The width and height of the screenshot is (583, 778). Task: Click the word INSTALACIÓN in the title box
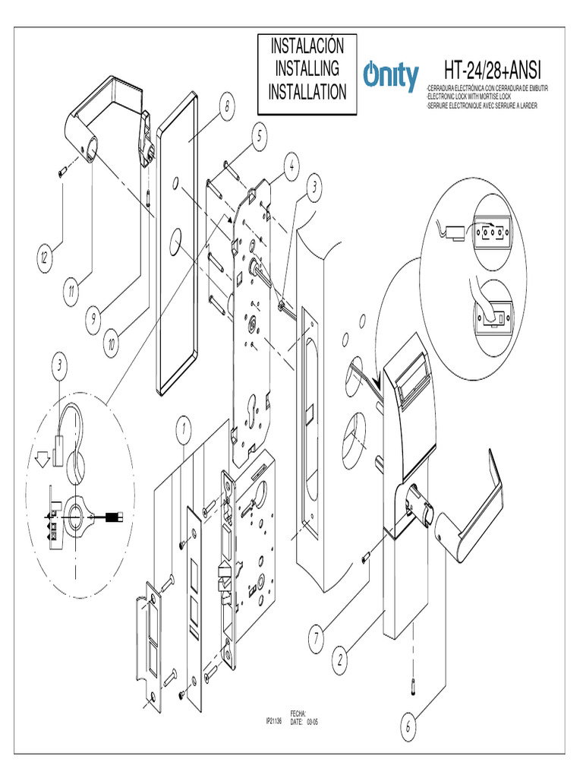click(307, 46)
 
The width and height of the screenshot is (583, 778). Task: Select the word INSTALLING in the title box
click(307, 68)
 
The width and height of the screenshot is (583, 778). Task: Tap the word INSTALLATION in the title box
click(307, 92)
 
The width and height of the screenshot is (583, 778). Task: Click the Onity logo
click(390, 77)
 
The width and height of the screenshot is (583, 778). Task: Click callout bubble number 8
click(225, 108)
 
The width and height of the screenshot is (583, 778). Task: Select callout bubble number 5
click(259, 137)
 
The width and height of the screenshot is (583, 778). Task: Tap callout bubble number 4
click(291, 163)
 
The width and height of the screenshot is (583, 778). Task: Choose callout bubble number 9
click(93, 319)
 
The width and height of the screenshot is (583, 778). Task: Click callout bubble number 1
click(183, 430)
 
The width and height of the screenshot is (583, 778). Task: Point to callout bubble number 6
click(408, 727)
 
